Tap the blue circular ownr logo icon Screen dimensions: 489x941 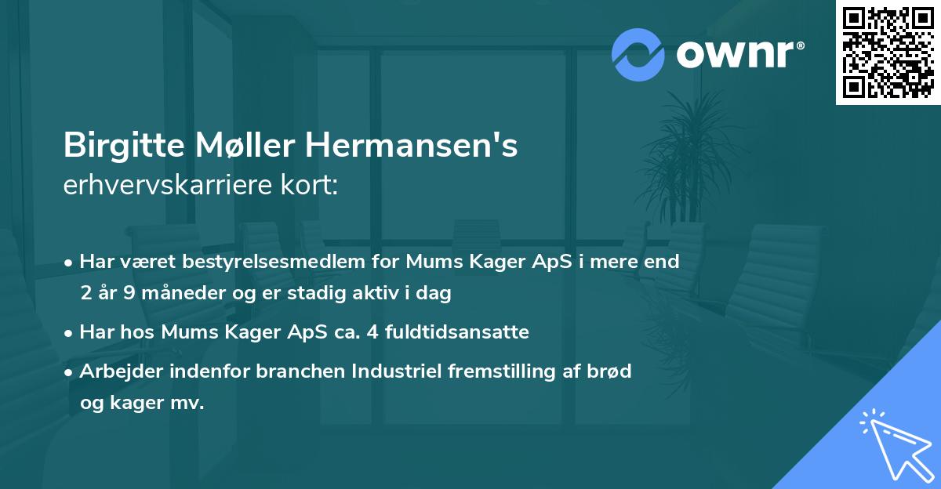click(x=638, y=55)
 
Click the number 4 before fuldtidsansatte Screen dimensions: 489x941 click(x=380, y=332)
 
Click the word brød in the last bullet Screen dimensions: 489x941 click(x=612, y=371)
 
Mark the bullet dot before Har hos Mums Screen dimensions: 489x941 click(x=70, y=333)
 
